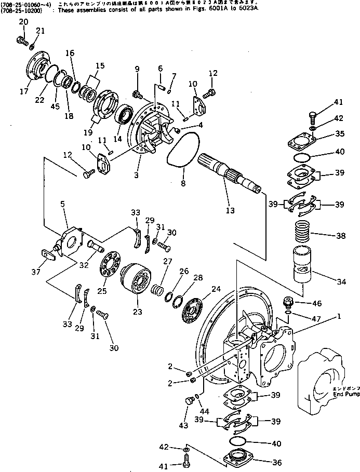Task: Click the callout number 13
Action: pyautogui.click(x=230, y=210)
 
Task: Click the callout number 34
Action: pyautogui.click(x=341, y=282)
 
